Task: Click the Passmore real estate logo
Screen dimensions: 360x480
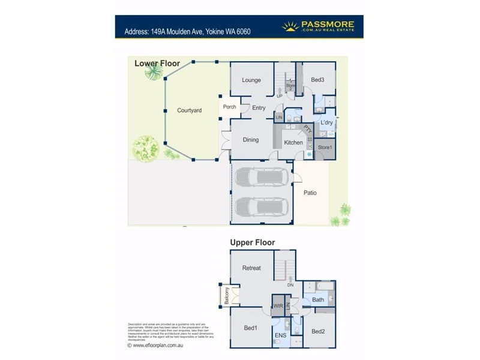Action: (x=319, y=26)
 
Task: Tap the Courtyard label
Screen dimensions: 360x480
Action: (x=189, y=110)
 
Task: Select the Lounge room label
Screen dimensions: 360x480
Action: (x=251, y=80)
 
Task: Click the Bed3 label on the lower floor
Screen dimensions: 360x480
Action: (x=317, y=80)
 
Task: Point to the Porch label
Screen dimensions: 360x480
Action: (x=229, y=107)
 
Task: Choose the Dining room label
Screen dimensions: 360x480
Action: (x=251, y=140)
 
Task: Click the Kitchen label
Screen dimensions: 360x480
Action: (x=293, y=143)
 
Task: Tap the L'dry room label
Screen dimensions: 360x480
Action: (x=326, y=123)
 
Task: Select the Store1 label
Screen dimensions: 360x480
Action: (x=325, y=147)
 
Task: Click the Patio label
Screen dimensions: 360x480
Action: (x=310, y=193)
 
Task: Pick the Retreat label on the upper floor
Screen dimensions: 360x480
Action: (x=251, y=268)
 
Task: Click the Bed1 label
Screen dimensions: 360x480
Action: (x=250, y=328)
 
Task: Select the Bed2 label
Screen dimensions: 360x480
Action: (x=318, y=331)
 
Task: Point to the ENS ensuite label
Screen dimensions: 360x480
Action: (x=280, y=334)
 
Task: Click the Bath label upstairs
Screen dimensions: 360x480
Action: (x=318, y=299)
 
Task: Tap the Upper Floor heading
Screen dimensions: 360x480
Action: (x=253, y=242)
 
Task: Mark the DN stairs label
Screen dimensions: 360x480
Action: (x=290, y=286)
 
